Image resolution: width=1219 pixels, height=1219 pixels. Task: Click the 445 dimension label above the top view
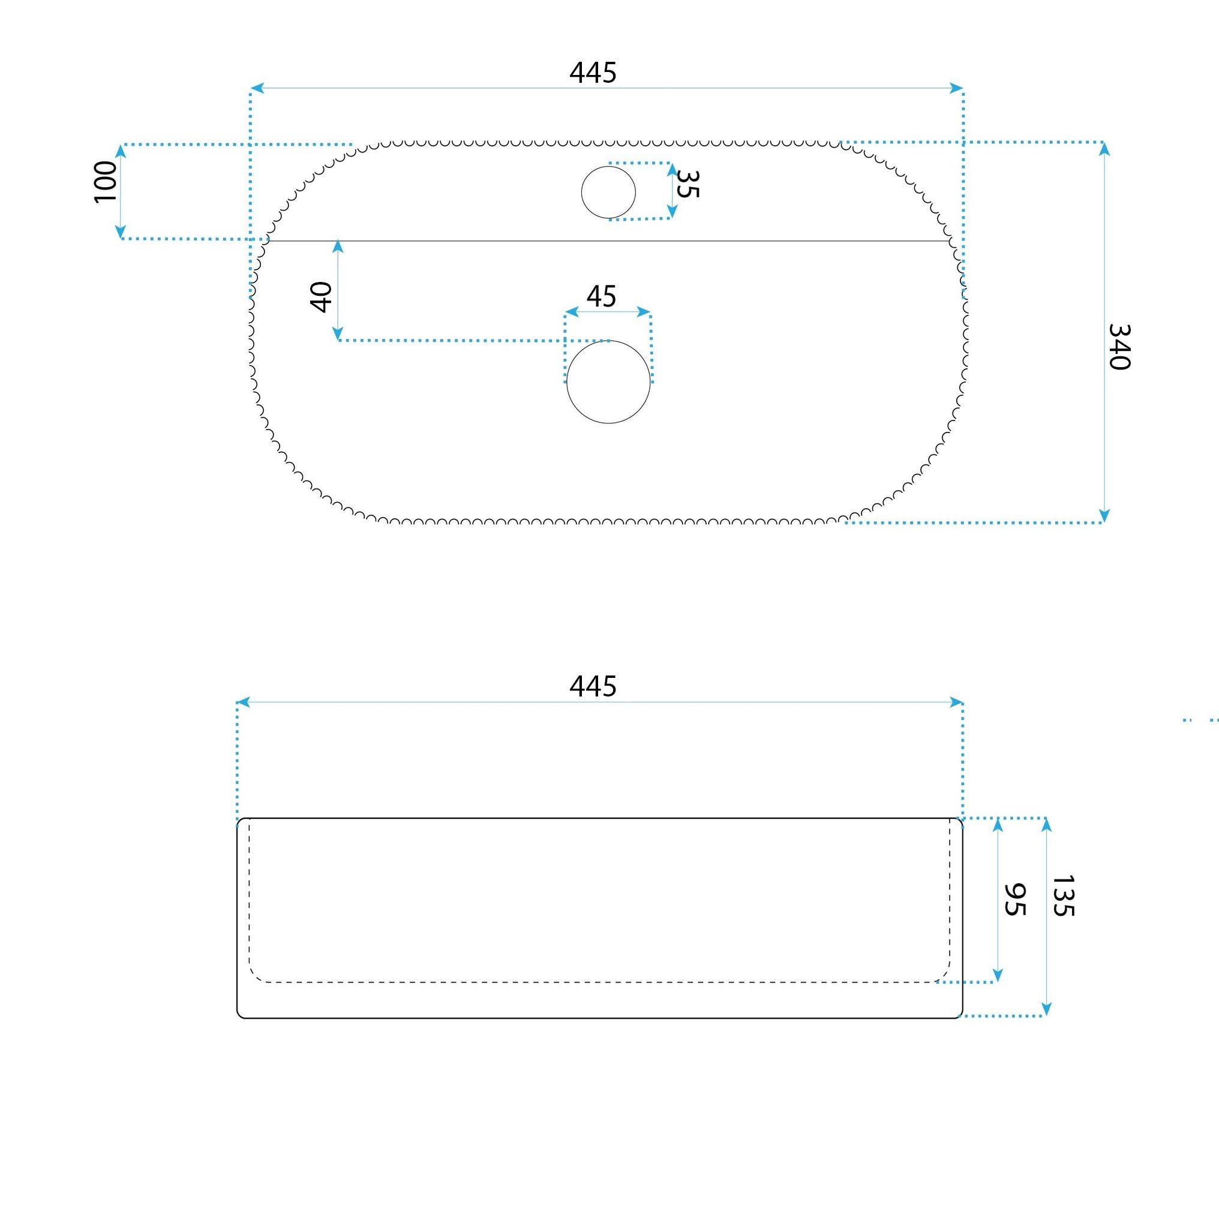593,73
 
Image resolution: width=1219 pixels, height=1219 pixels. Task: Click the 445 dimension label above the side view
593,686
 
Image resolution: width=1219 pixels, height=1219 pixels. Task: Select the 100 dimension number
106,182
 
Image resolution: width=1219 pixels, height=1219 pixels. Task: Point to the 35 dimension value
687,184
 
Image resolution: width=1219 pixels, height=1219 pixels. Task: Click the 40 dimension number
321,297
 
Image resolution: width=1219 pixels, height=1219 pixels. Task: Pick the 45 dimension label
601,296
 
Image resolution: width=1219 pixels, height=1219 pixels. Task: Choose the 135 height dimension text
1064,895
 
